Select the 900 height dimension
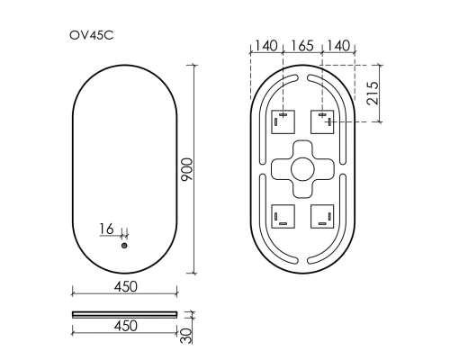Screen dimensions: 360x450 point(187,168)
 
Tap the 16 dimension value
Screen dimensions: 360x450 point(106,229)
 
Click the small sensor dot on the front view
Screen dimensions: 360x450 point(124,245)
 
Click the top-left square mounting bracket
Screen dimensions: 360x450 point(283,120)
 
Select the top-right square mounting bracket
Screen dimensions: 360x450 point(323,120)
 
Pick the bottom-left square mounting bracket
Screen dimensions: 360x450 point(283,217)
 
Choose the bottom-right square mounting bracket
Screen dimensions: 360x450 point(323,217)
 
